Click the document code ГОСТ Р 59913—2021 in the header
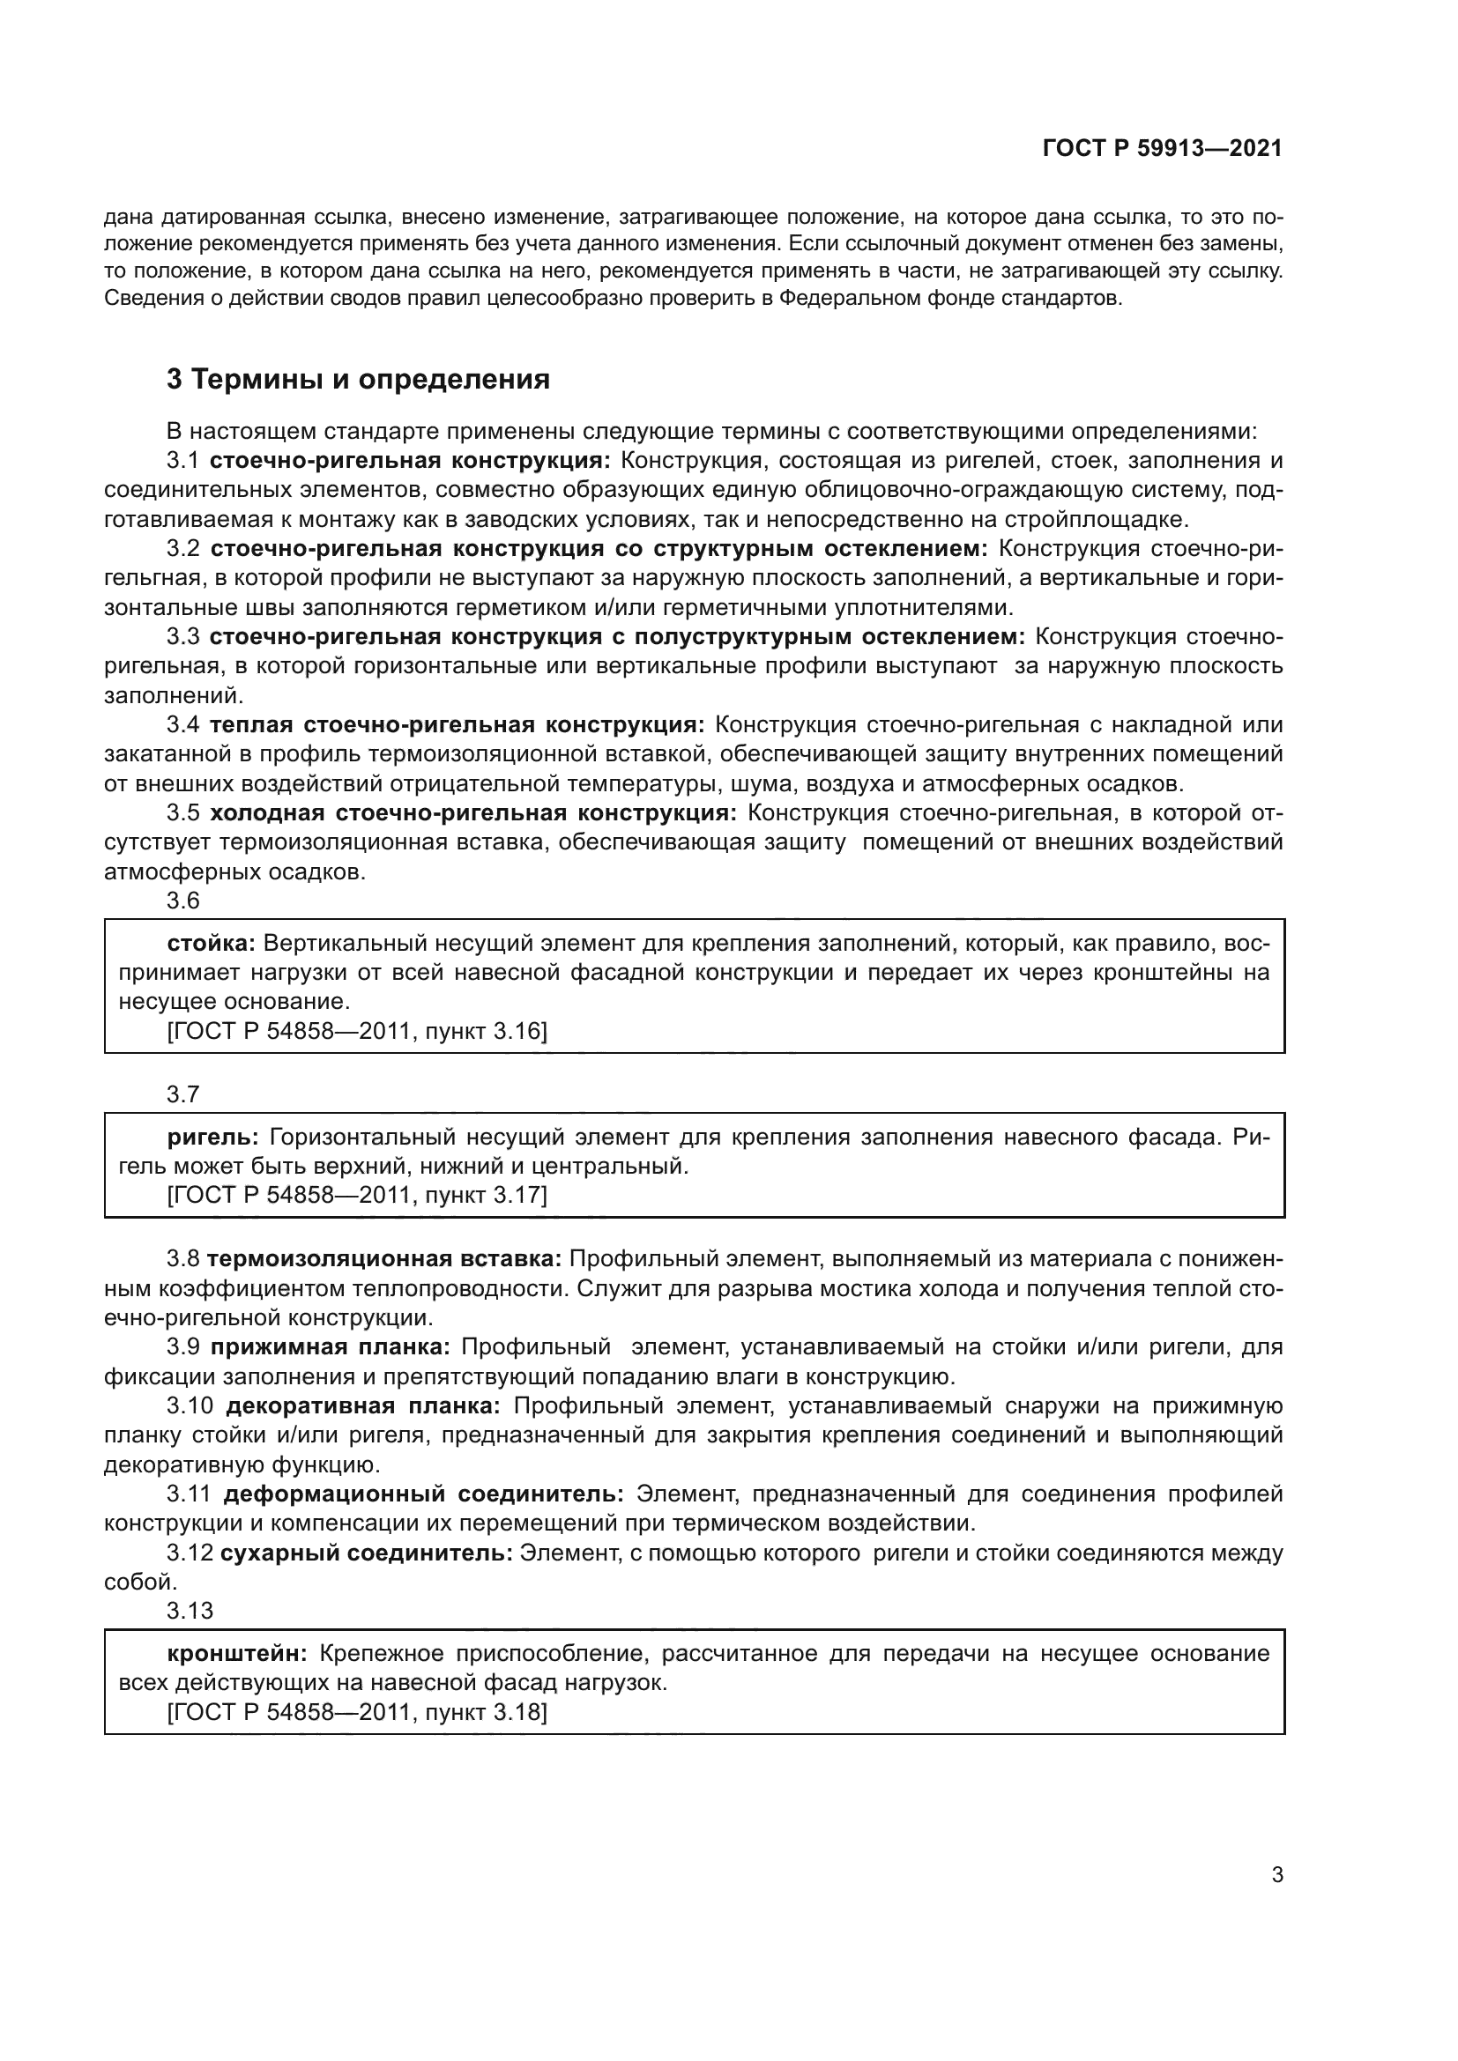(1162, 149)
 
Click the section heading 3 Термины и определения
(358, 379)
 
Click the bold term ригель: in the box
(212, 1137)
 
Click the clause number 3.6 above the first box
(183, 901)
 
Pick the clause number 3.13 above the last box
(190, 1612)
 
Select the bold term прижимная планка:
(331, 1346)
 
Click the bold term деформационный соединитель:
(423, 1494)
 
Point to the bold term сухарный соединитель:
(367, 1553)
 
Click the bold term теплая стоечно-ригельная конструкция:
(457, 724)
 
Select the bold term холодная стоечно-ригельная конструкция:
(473, 812)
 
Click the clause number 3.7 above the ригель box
(183, 1094)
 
